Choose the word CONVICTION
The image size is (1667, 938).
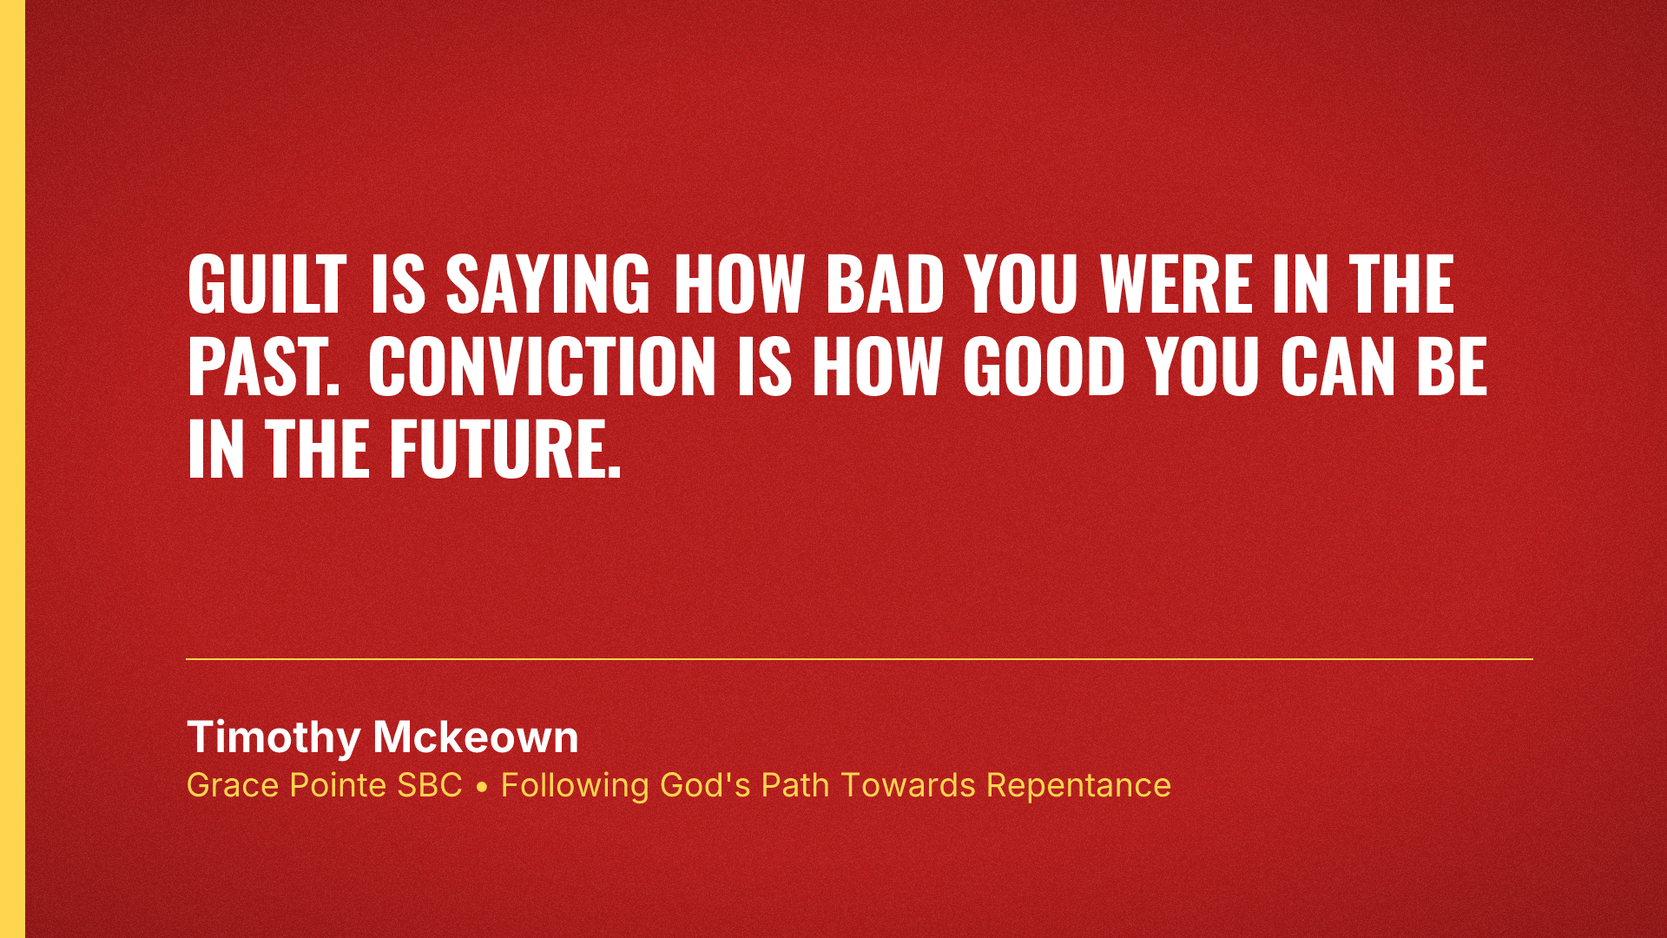click(542, 367)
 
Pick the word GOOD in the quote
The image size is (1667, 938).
click(1044, 367)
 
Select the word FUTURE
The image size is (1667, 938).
click(504, 449)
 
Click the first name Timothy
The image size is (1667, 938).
click(273, 737)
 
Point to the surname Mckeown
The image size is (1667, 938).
click(476, 737)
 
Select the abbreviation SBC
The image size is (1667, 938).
click(430, 785)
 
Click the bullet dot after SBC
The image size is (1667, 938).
click(482, 787)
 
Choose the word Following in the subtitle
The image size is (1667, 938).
click(575, 785)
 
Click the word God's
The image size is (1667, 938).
click(705, 785)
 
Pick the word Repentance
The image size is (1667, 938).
click(1078, 785)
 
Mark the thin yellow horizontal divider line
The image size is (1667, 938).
click(860, 659)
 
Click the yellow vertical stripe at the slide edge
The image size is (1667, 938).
click(12, 469)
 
